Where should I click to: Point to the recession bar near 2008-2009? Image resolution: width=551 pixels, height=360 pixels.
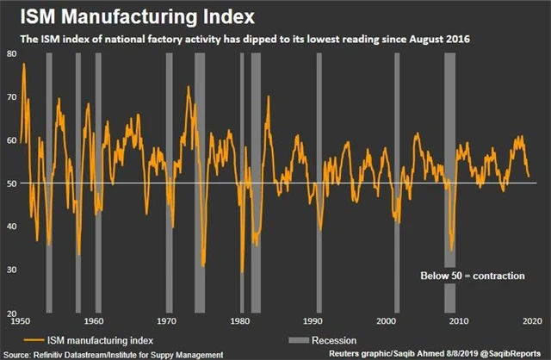[449, 181]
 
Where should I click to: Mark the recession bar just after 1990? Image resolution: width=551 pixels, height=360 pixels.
[319, 181]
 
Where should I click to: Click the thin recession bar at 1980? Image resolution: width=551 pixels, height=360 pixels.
[242, 181]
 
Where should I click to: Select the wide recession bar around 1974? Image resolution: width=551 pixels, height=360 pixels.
[200, 181]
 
